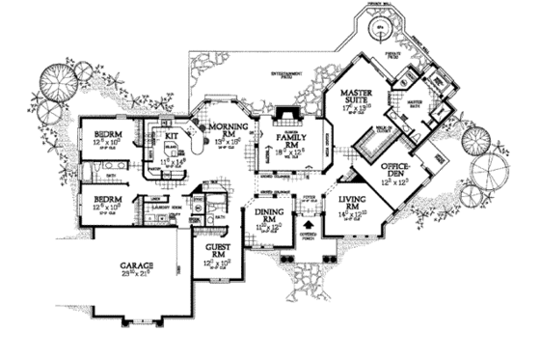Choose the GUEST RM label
[213, 250]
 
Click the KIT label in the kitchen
[172, 137]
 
